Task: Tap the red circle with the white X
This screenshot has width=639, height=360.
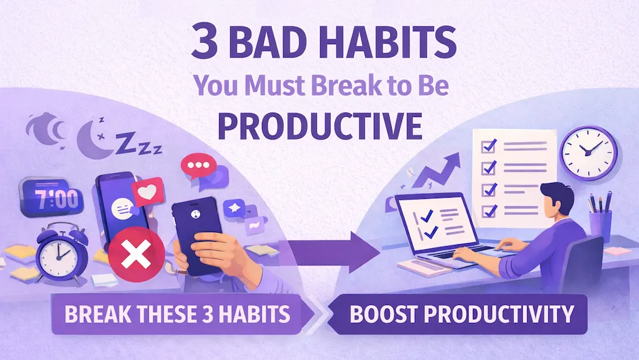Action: pyautogui.click(x=135, y=257)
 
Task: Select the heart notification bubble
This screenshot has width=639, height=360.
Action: pyautogui.click(x=148, y=191)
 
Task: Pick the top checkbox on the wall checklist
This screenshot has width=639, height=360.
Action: pyautogui.click(x=488, y=146)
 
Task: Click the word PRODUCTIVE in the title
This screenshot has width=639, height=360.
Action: pyautogui.click(x=319, y=125)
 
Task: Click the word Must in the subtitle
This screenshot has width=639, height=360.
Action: pyautogui.click(x=272, y=87)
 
